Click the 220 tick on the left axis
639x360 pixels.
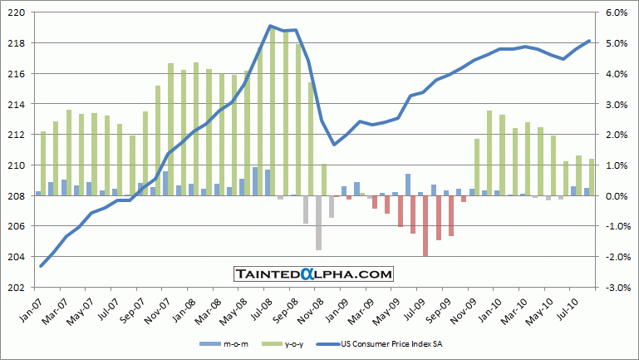tap(17, 12)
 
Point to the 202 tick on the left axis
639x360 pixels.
tap(17, 288)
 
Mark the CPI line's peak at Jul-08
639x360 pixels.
tap(270, 26)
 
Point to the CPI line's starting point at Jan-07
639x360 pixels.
tap(42, 266)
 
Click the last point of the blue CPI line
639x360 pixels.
tap(589, 41)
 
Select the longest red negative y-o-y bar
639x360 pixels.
tap(425, 226)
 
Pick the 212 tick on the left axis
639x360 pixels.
tap(17, 135)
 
